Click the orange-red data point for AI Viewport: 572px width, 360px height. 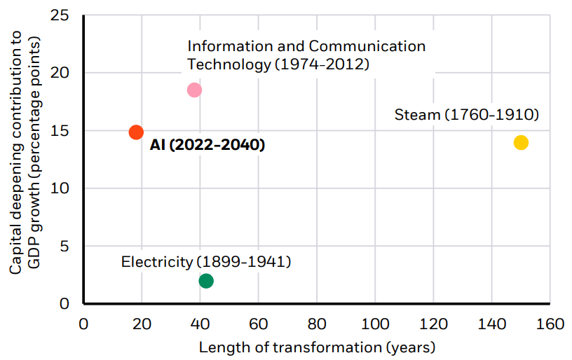(136, 132)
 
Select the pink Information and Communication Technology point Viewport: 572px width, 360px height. (194, 90)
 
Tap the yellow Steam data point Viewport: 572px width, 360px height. (520, 143)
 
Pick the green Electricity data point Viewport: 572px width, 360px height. (206, 281)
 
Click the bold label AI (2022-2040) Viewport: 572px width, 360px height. (207, 146)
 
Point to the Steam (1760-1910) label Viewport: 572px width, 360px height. (466, 114)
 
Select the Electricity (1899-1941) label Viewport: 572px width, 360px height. (206, 262)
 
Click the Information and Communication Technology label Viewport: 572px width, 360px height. (306, 55)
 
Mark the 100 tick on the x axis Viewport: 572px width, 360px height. (375, 324)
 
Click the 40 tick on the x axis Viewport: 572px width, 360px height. (200, 324)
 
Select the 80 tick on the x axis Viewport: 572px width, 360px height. (317, 324)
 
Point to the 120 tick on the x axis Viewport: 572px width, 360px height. (433, 324)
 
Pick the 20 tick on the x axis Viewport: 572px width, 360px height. (142, 324)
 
